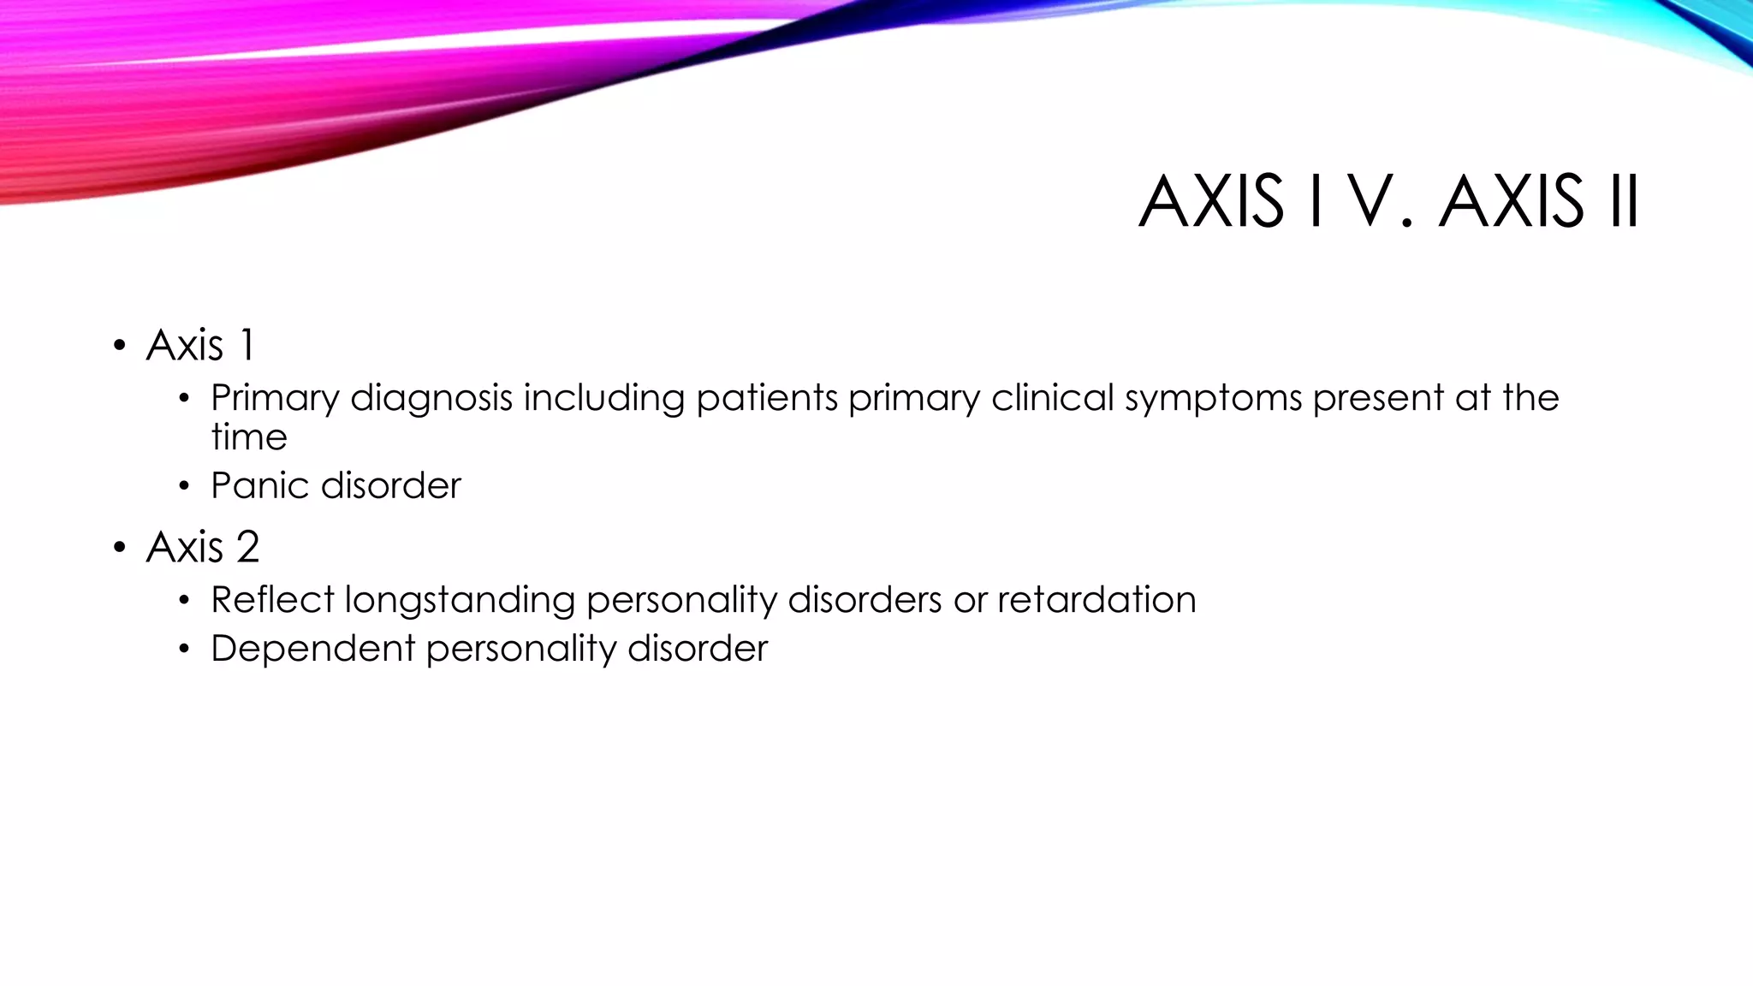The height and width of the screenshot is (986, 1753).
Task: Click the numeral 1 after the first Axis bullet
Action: [247, 346]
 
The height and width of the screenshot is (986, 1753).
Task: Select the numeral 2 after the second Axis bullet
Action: [247, 547]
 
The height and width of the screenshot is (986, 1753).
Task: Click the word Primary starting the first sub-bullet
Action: [274, 399]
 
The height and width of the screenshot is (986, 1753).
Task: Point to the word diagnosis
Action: [431, 399]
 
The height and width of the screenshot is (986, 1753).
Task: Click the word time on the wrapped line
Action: [248, 437]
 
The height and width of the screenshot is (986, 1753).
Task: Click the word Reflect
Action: [272, 600]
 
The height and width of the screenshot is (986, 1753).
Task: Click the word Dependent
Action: [312, 649]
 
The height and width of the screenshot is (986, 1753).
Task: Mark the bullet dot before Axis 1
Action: [119, 347]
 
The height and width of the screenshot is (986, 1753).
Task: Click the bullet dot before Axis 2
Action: [119, 548]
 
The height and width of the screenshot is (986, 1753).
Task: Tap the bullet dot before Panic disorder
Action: [184, 487]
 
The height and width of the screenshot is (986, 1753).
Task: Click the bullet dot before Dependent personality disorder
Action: [184, 650]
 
